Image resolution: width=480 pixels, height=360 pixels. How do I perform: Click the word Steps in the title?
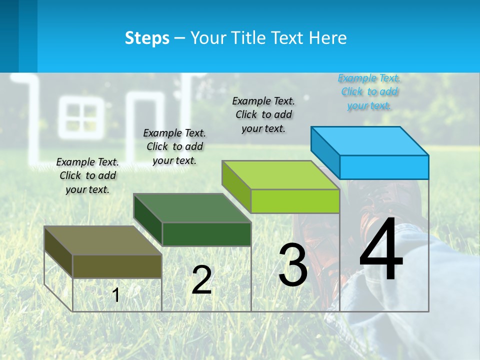coord(147,38)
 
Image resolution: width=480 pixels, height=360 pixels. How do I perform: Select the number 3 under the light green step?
coord(293,265)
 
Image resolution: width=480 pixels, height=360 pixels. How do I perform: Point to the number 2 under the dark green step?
coord(201,280)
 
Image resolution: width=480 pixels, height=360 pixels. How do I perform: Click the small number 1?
coord(116,295)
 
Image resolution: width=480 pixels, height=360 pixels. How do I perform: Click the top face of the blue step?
coord(370,140)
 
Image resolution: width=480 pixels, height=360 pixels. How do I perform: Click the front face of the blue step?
coord(384,167)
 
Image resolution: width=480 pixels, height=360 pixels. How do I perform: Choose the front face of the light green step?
coord(295,201)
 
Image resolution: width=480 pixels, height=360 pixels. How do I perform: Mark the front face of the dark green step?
coord(206,234)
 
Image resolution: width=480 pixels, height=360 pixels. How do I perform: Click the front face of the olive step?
coord(117,266)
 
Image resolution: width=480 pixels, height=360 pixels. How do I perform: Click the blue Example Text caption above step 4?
coord(369,92)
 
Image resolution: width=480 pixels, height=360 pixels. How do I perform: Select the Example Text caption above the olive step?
coord(87,175)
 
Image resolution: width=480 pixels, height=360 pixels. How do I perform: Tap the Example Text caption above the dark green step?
coord(174,146)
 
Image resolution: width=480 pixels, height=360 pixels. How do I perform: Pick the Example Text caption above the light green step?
coord(263,114)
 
